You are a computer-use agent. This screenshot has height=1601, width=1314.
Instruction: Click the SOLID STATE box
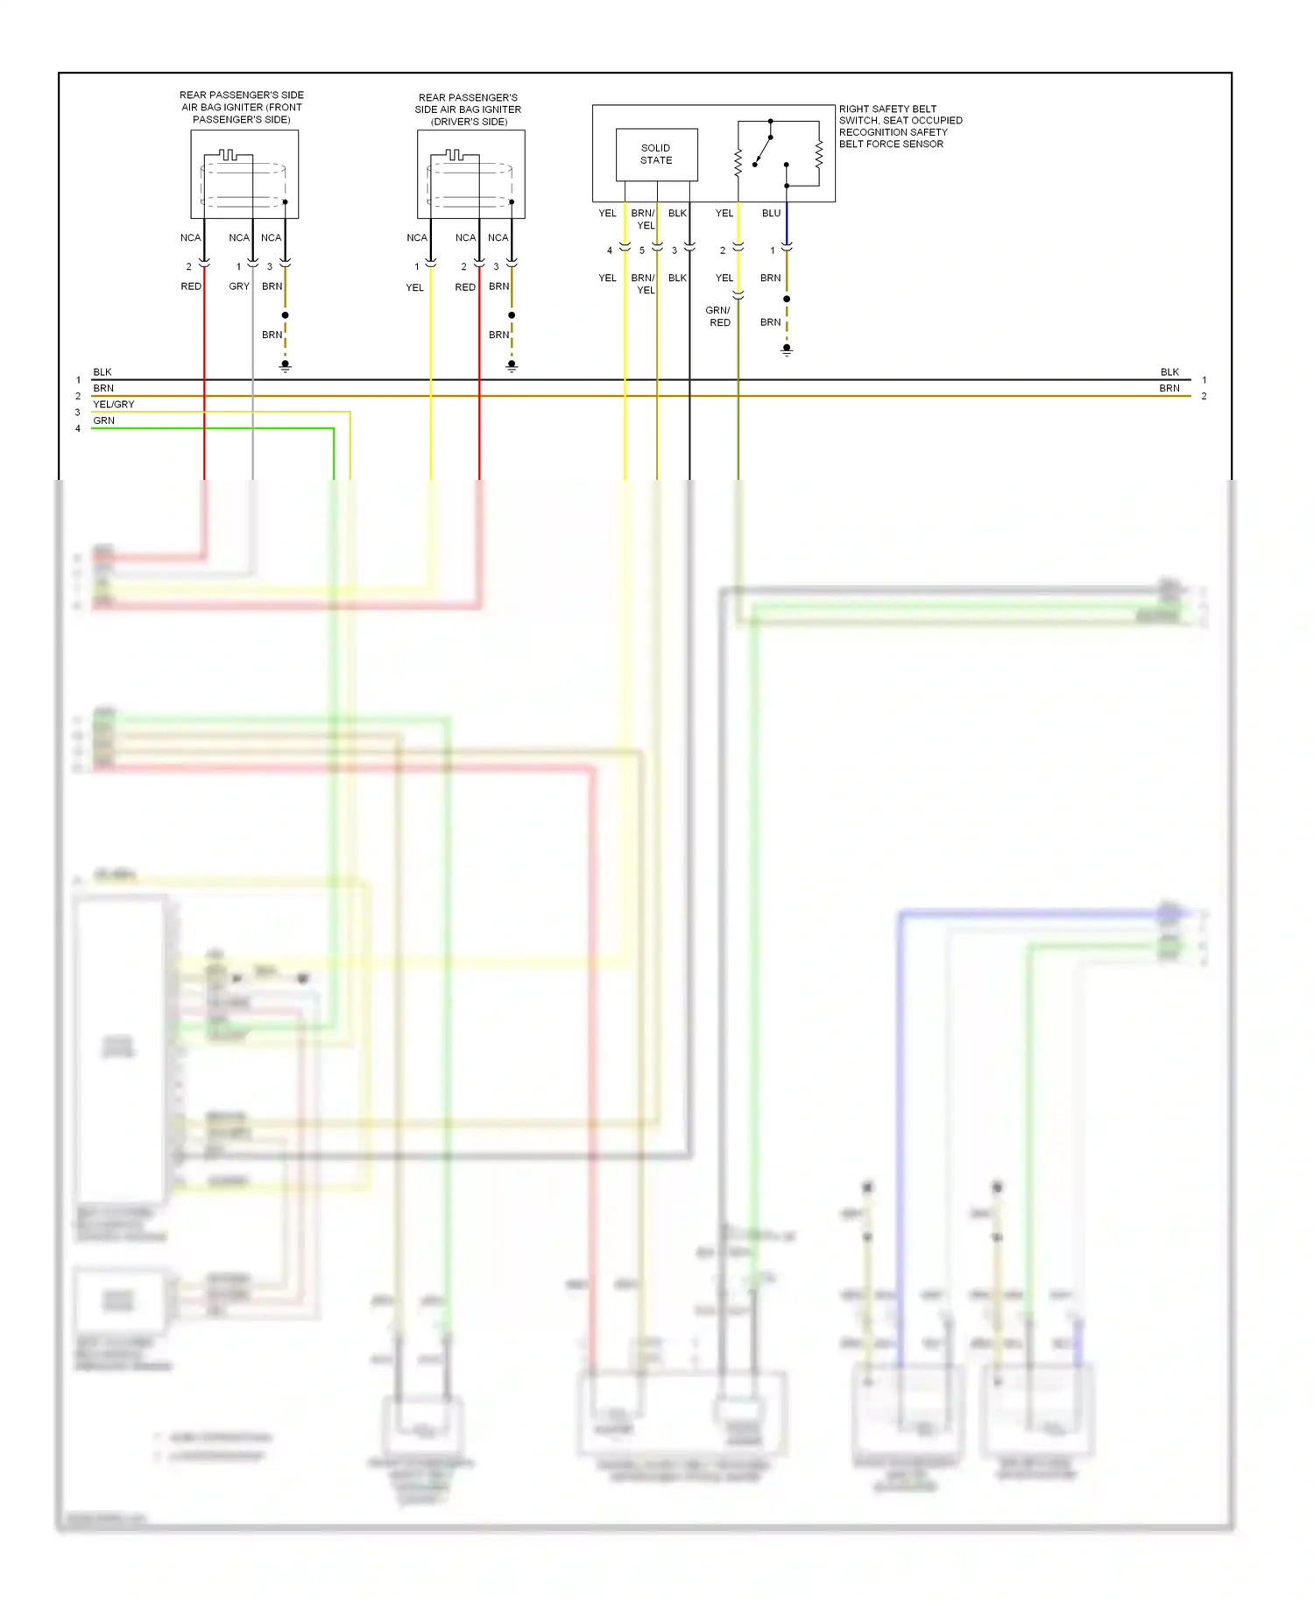pyautogui.click(x=656, y=154)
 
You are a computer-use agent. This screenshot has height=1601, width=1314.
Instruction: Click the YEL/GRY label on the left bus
pyautogui.click(x=114, y=405)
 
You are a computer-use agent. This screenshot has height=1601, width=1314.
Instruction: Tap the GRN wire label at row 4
pyautogui.click(x=103, y=421)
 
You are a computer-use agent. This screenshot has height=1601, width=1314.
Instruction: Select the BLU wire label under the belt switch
pyautogui.click(x=771, y=214)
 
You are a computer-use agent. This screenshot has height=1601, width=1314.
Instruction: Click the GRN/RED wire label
pyautogui.click(x=718, y=316)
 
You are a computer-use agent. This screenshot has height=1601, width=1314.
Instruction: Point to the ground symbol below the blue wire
pyautogui.click(x=787, y=349)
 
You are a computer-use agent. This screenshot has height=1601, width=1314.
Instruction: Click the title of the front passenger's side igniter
pyautogui.click(x=242, y=107)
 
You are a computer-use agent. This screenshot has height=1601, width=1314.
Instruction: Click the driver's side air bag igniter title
pyautogui.click(x=469, y=109)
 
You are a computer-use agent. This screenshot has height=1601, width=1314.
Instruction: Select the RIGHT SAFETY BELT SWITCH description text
pyautogui.click(x=900, y=126)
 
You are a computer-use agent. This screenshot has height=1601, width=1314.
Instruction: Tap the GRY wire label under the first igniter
pyautogui.click(x=239, y=286)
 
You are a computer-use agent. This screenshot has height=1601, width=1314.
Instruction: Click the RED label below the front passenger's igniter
pyautogui.click(x=191, y=286)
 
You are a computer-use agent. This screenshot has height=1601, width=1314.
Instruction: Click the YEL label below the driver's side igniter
pyautogui.click(x=414, y=287)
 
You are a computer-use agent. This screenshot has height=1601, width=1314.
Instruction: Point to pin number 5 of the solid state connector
pyautogui.click(x=642, y=250)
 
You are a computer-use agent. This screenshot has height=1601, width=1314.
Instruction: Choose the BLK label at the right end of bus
pyautogui.click(x=1169, y=372)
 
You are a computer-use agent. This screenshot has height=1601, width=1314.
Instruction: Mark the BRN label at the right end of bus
pyautogui.click(x=1169, y=388)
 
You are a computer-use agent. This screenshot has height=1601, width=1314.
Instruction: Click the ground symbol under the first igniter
pyautogui.click(x=286, y=365)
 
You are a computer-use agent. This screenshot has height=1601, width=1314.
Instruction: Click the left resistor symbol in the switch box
pyautogui.click(x=738, y=161)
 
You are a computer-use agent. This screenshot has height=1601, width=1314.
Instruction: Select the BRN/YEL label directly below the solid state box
pyautogui.click(x=644, y=219)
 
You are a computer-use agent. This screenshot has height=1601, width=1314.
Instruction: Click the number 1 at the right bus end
pyautogui.click(x=1204, y=380)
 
